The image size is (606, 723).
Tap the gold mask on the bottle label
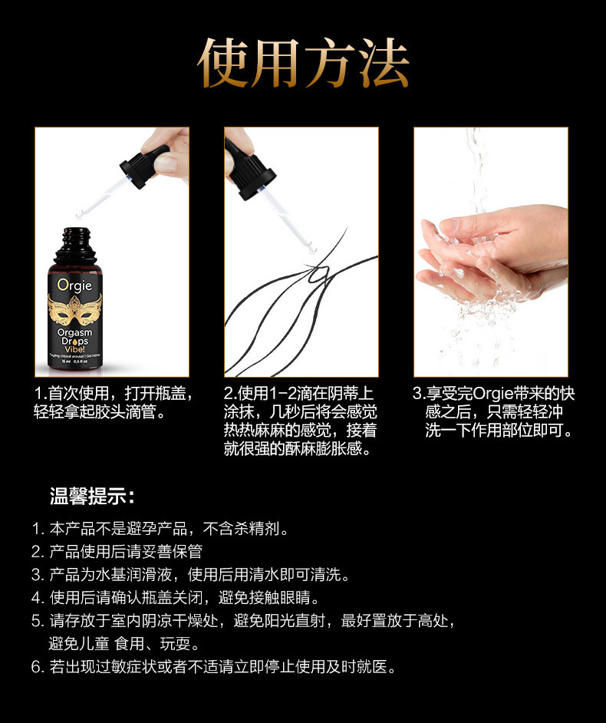point(74,310)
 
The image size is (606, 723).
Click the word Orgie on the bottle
point(74,286)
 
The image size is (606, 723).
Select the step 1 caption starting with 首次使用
point(112,403)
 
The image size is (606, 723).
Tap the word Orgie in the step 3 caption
point(494,394)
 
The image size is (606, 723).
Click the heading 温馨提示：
point(92,496)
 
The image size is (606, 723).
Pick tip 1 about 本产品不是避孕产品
point(161,529)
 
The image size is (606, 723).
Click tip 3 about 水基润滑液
point(192,575)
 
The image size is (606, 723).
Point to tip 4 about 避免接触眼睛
point(176,597)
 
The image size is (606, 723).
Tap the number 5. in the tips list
point(38,620)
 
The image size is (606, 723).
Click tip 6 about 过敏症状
point(215,666)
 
